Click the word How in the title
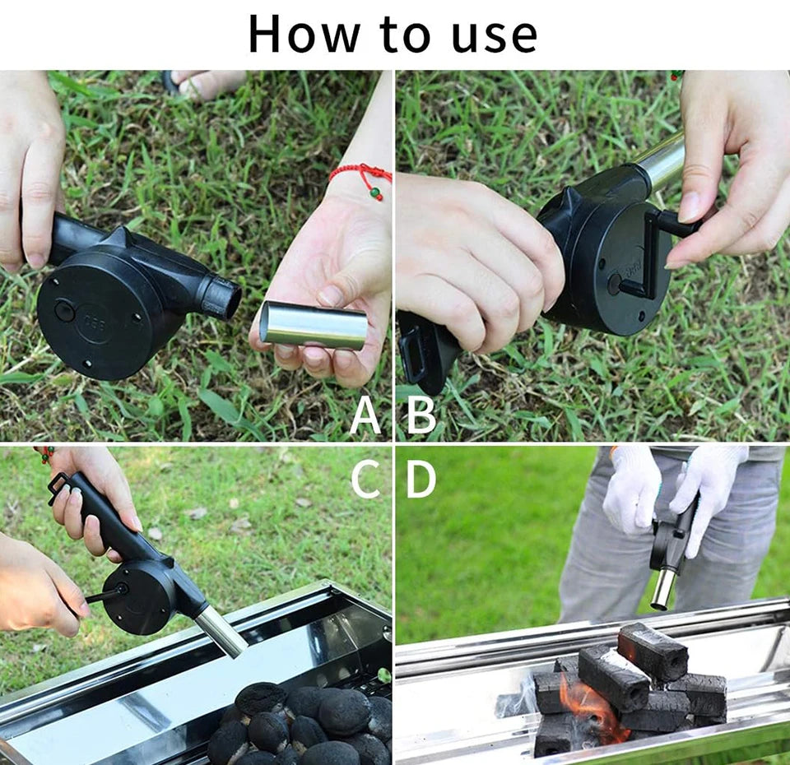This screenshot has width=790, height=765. pyautogui.click(x=304, y=35)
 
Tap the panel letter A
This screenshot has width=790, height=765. pyautogui.click(x=365, y=415)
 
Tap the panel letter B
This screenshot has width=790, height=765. pyautogui.click(x=421, y=415)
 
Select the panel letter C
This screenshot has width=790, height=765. pyautogui.click(x=365, y=480)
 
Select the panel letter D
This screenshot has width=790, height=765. pyautogui.click(x=421, y=480)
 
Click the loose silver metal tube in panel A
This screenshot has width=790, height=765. pyautogui.click(x=314, y=324)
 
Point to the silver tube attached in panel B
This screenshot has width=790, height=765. pyautogui.click(x=662, y=161)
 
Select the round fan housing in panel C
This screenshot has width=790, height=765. pyautogui.click(x=138, y=597)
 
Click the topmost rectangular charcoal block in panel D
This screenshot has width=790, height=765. pyautogui.click(x=653, y=650)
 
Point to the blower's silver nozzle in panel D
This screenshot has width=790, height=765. pyautogui.click(x=662, y=589)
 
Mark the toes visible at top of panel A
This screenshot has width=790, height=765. pyautogui.click(x=206, y=82)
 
